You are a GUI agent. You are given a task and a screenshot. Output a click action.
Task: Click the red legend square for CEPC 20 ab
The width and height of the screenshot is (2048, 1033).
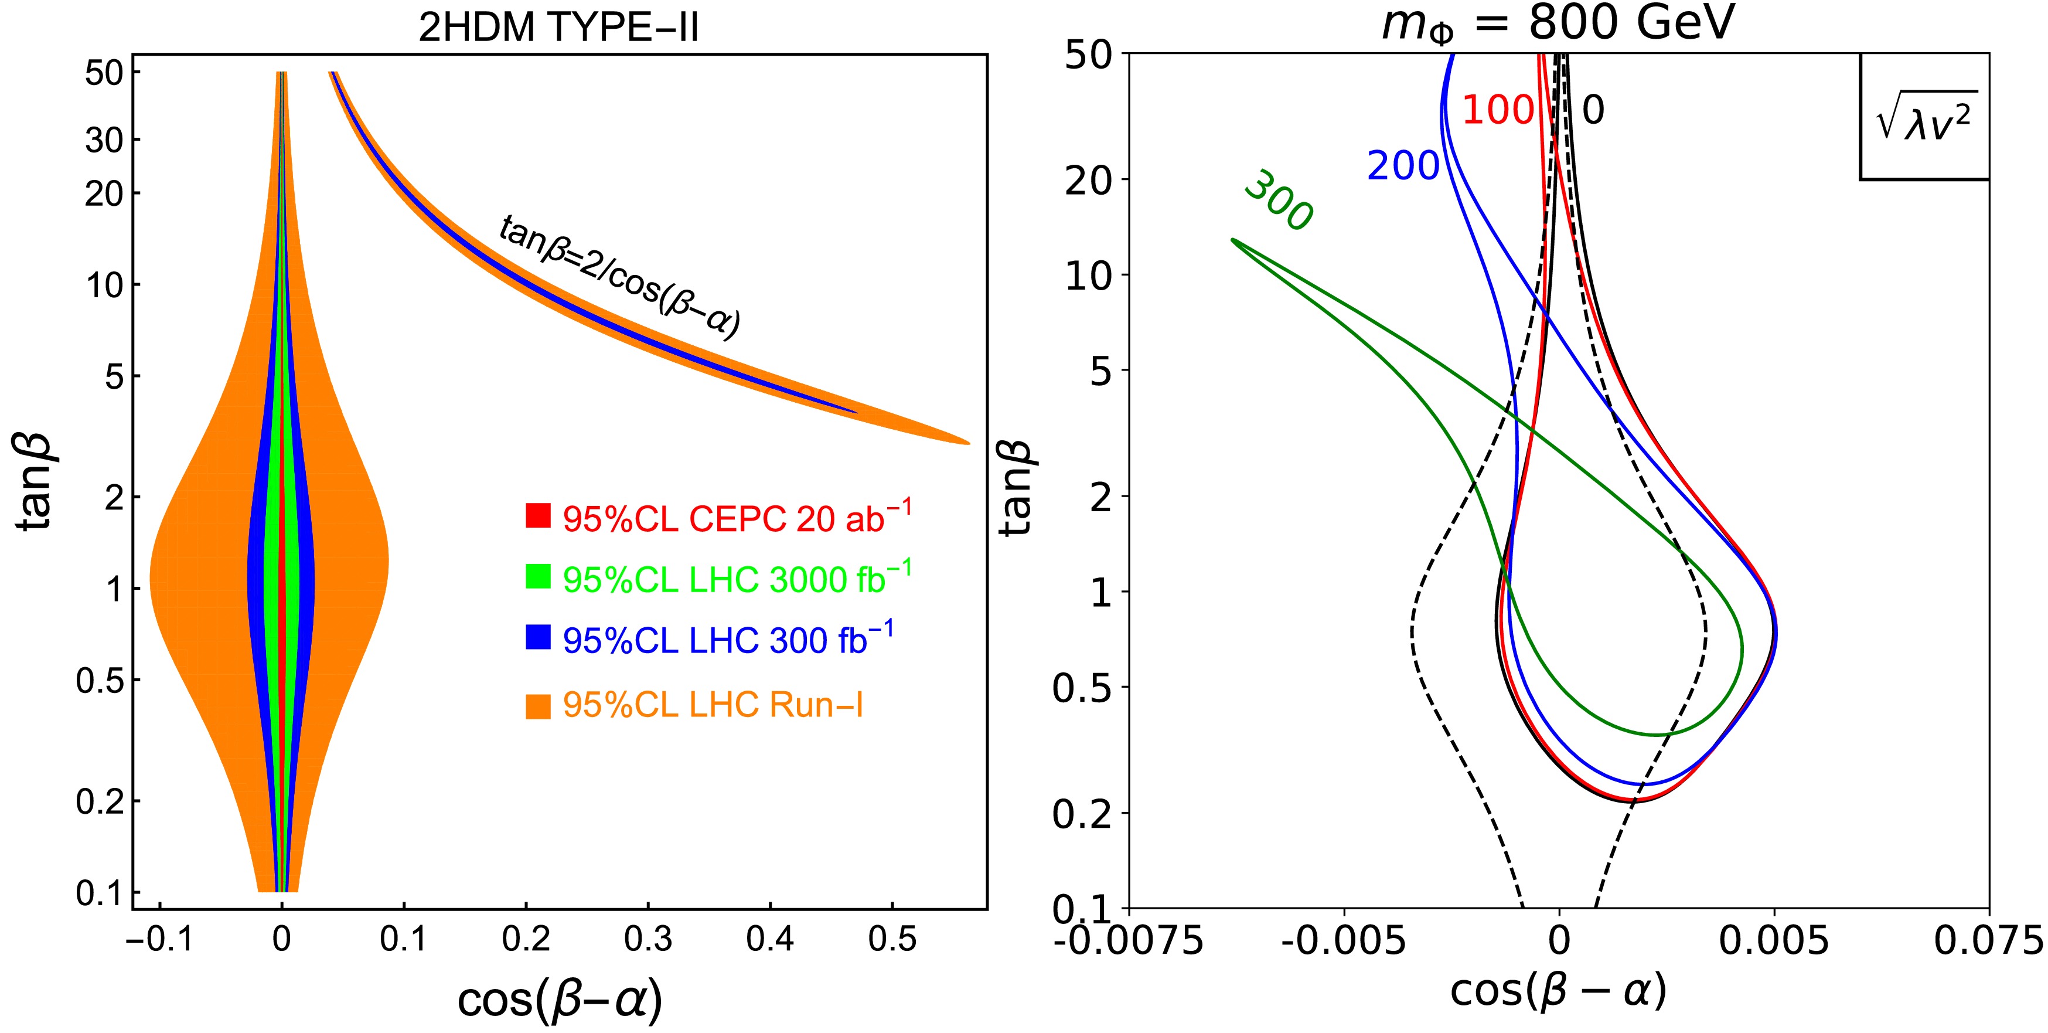pyautogui.click(x=539, y=515)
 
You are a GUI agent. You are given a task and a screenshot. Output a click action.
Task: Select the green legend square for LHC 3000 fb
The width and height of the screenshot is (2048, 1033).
pyautogui.click(x=539, y=576)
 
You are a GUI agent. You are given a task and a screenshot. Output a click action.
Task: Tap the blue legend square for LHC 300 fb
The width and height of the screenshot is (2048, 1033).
pyautogui.click(x=539, y=637)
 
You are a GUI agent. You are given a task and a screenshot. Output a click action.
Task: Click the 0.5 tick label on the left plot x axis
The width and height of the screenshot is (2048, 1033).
pyautogui.click(x=892, y=940)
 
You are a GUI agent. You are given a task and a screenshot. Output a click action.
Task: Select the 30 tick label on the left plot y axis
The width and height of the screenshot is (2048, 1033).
pyautogui.click(x=104, y=141)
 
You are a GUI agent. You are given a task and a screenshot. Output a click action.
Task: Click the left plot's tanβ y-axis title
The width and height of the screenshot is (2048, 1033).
pyautogui.click(x=36, y=482)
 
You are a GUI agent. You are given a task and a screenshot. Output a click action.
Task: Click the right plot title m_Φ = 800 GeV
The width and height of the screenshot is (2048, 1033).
pyautogui.click(x=1558, y=24)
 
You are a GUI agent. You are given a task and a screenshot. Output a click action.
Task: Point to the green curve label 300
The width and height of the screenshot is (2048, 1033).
pyautogui.click(x=1277, y=201)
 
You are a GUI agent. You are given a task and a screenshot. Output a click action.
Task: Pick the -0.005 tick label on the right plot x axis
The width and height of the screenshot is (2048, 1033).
pyautogui.click(x=1344, y=942)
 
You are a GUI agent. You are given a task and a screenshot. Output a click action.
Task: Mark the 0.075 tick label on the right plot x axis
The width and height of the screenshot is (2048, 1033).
pyautogui.click(x=1988, y=942)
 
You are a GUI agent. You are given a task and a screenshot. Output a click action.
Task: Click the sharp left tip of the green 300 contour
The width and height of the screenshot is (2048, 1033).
pyautogui.click(x=1233, y=239)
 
